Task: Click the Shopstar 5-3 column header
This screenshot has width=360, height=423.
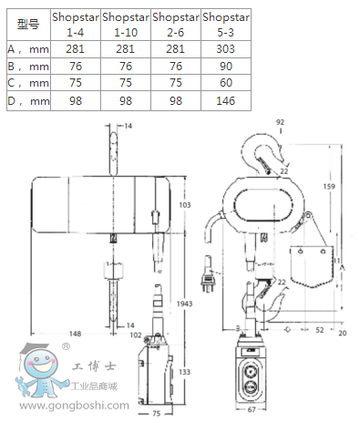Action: click(x=226, y=25)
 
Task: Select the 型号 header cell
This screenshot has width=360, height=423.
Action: click(x=28, y=24)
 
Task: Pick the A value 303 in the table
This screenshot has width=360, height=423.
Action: click(x=225, y=49)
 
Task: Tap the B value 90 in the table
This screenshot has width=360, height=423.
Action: click(x=226, y=66)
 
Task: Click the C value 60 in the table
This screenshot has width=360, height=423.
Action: click(x=226, y=82)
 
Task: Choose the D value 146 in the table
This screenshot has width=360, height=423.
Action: click(x=225, y=100)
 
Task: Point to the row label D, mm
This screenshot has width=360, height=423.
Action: click(x=28, y=101)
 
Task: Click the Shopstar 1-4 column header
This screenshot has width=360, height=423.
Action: click(x=76, y=25)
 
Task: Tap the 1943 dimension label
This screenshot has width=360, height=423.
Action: click(x=184, y=304)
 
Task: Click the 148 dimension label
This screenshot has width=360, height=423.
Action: click(x=75, y=334)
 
